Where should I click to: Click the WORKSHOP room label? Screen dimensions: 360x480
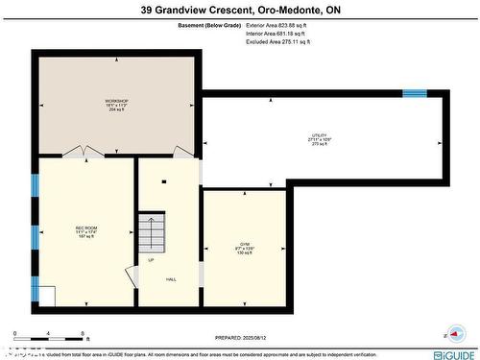pos(117,103)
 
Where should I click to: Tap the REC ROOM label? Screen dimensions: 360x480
pos(86,231)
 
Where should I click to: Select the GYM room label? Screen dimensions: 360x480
pos(245,246)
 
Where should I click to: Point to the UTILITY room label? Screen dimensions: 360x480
pos(320,137)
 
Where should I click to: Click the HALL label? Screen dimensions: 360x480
pos(171,279)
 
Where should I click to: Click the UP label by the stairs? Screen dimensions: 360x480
pos(151,260)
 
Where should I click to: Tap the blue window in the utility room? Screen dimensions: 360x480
pos(415,93)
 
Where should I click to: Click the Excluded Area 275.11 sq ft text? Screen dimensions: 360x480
pos(279,42)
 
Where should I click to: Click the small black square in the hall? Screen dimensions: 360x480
pos(165,181)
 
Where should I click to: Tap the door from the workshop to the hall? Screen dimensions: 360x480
pos(182,152)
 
